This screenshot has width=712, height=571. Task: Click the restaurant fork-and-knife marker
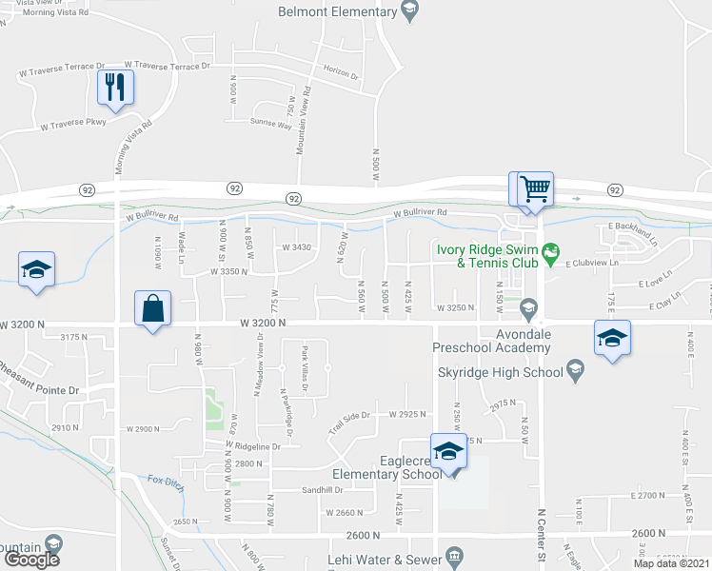click(115, 89)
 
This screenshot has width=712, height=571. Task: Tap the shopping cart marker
click(536, 187)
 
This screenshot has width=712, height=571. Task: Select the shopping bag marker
click(152, 308)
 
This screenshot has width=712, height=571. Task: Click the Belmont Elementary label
click(335, 11)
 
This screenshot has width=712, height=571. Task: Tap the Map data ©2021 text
click(671, 563)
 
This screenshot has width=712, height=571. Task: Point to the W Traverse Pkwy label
click(72, 124)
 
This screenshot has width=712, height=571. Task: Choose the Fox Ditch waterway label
click(164, 480)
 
